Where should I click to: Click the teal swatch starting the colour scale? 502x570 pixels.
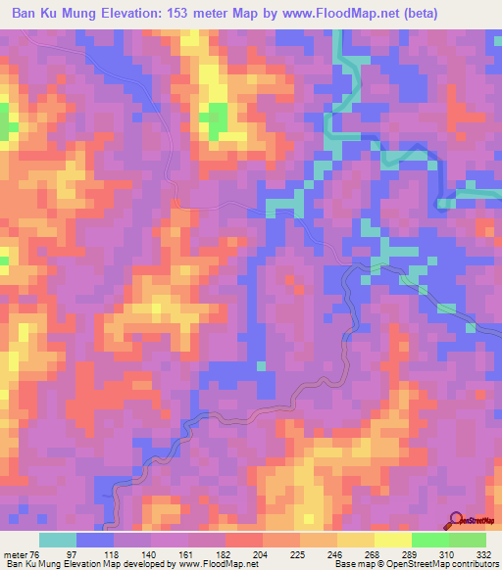(58, 540)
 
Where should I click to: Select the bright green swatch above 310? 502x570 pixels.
(429, 540)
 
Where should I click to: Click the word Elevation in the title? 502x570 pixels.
(133, 13)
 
